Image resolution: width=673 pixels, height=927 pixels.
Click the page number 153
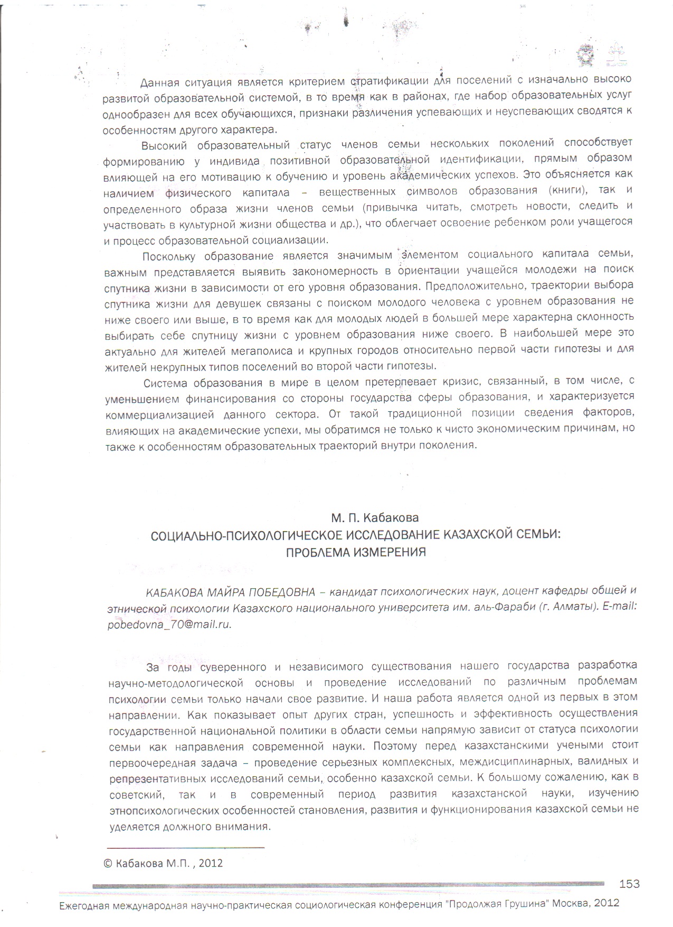[629, 884]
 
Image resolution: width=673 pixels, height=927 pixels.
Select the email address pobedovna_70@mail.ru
[169, 624]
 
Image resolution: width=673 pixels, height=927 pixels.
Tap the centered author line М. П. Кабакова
[375, 517]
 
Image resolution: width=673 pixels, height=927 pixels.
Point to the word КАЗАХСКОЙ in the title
[477, 535]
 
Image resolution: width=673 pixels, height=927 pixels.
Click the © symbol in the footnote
[108, 863]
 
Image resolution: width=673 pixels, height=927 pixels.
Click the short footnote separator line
[185, 847]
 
